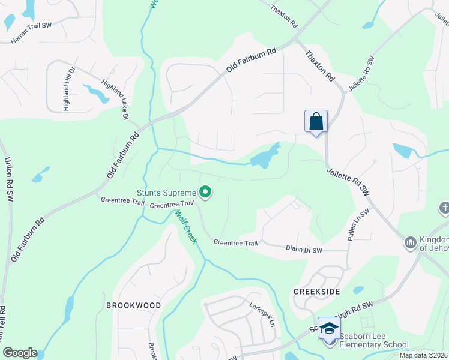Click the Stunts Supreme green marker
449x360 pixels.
pyautogui.click(x=205, y=193)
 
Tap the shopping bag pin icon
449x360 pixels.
pyautogui.click(x=316, y=122)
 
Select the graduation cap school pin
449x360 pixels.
pyautogui.click(x=329, y=329)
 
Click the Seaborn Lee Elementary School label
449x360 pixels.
pyautogui.click(x=373, y=341)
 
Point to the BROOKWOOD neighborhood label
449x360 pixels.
pyautogui.click(x=134, y=305)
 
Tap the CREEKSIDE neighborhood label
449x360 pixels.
pyautogui.click(x=317, y=291)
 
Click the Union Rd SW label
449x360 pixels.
pyautogui.click(x=8, y=179)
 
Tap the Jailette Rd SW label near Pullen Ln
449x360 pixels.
pyautogui.click(x=348, y=181)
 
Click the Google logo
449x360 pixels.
pyautogui.click(x=20, y=353)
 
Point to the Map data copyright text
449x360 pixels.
pyautogui.click(x=424, y=355)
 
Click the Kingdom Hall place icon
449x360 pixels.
pyautogui.click(x=411, y=242)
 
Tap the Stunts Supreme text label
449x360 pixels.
pyautogui.click(x=166, y=193)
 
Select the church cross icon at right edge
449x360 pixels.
pyautogui.click(x=444, y=208)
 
